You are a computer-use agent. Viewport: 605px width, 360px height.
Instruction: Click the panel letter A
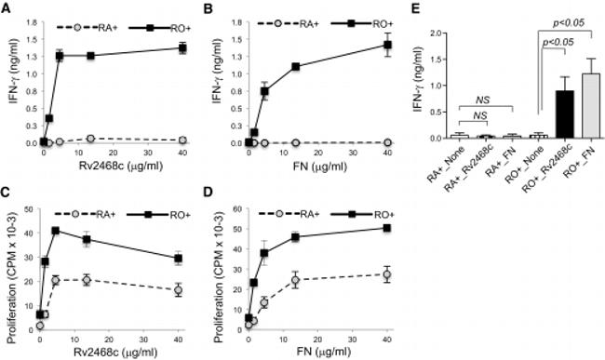coord(7,7)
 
